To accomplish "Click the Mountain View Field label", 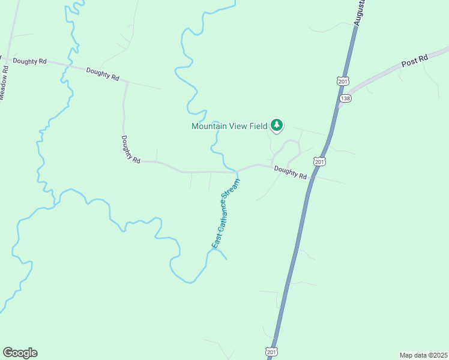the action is pos(229,126).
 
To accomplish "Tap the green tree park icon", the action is pos(277,125).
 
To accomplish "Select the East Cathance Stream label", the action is pos(226,214).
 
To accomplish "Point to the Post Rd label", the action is pos(414,61).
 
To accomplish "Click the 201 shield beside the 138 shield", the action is pos(342,81).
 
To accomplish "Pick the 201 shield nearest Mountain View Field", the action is pos(319,161).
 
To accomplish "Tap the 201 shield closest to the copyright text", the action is pos(271,352).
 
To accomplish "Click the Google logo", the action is pos(20,353).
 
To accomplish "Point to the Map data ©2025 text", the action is pos(423,355).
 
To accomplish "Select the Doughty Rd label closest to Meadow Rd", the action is pos(30,61).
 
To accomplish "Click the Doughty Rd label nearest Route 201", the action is pos(291,173).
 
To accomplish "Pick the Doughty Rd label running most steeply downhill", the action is pos(130,149).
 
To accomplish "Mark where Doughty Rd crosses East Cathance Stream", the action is pos(237,172).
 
